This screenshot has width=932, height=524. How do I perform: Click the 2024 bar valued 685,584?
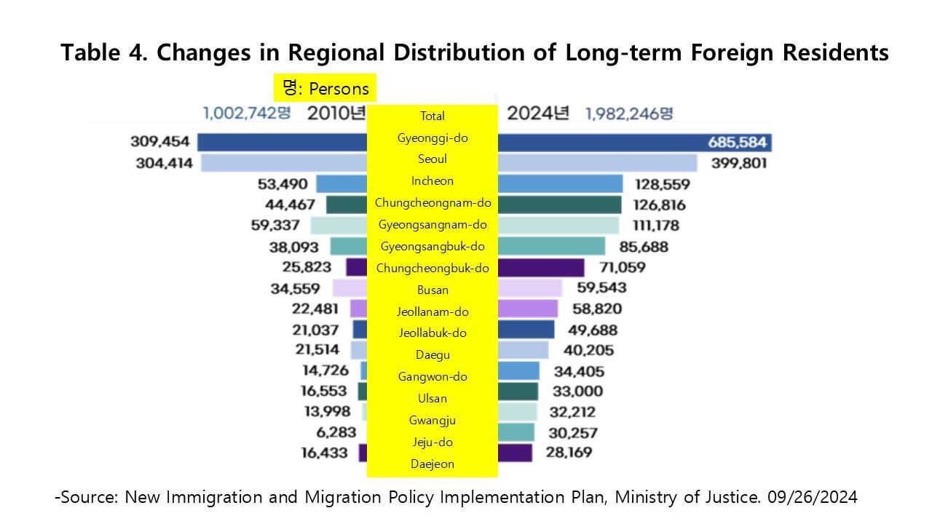633,142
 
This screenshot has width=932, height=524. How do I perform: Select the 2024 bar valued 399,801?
597,163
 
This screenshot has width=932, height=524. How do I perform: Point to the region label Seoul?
433,159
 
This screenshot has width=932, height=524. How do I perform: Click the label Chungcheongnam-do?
433,203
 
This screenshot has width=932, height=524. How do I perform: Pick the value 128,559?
662,185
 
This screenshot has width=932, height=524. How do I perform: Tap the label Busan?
433,290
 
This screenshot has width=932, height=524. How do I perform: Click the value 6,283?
336,432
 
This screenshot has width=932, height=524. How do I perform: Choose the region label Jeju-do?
433,442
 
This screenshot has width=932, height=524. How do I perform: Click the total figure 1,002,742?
247,114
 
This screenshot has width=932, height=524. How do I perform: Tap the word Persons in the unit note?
339,89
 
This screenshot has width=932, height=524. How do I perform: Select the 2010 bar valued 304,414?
284,163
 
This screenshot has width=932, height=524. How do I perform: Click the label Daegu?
433,355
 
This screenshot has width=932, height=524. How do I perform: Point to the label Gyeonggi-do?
433,138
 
